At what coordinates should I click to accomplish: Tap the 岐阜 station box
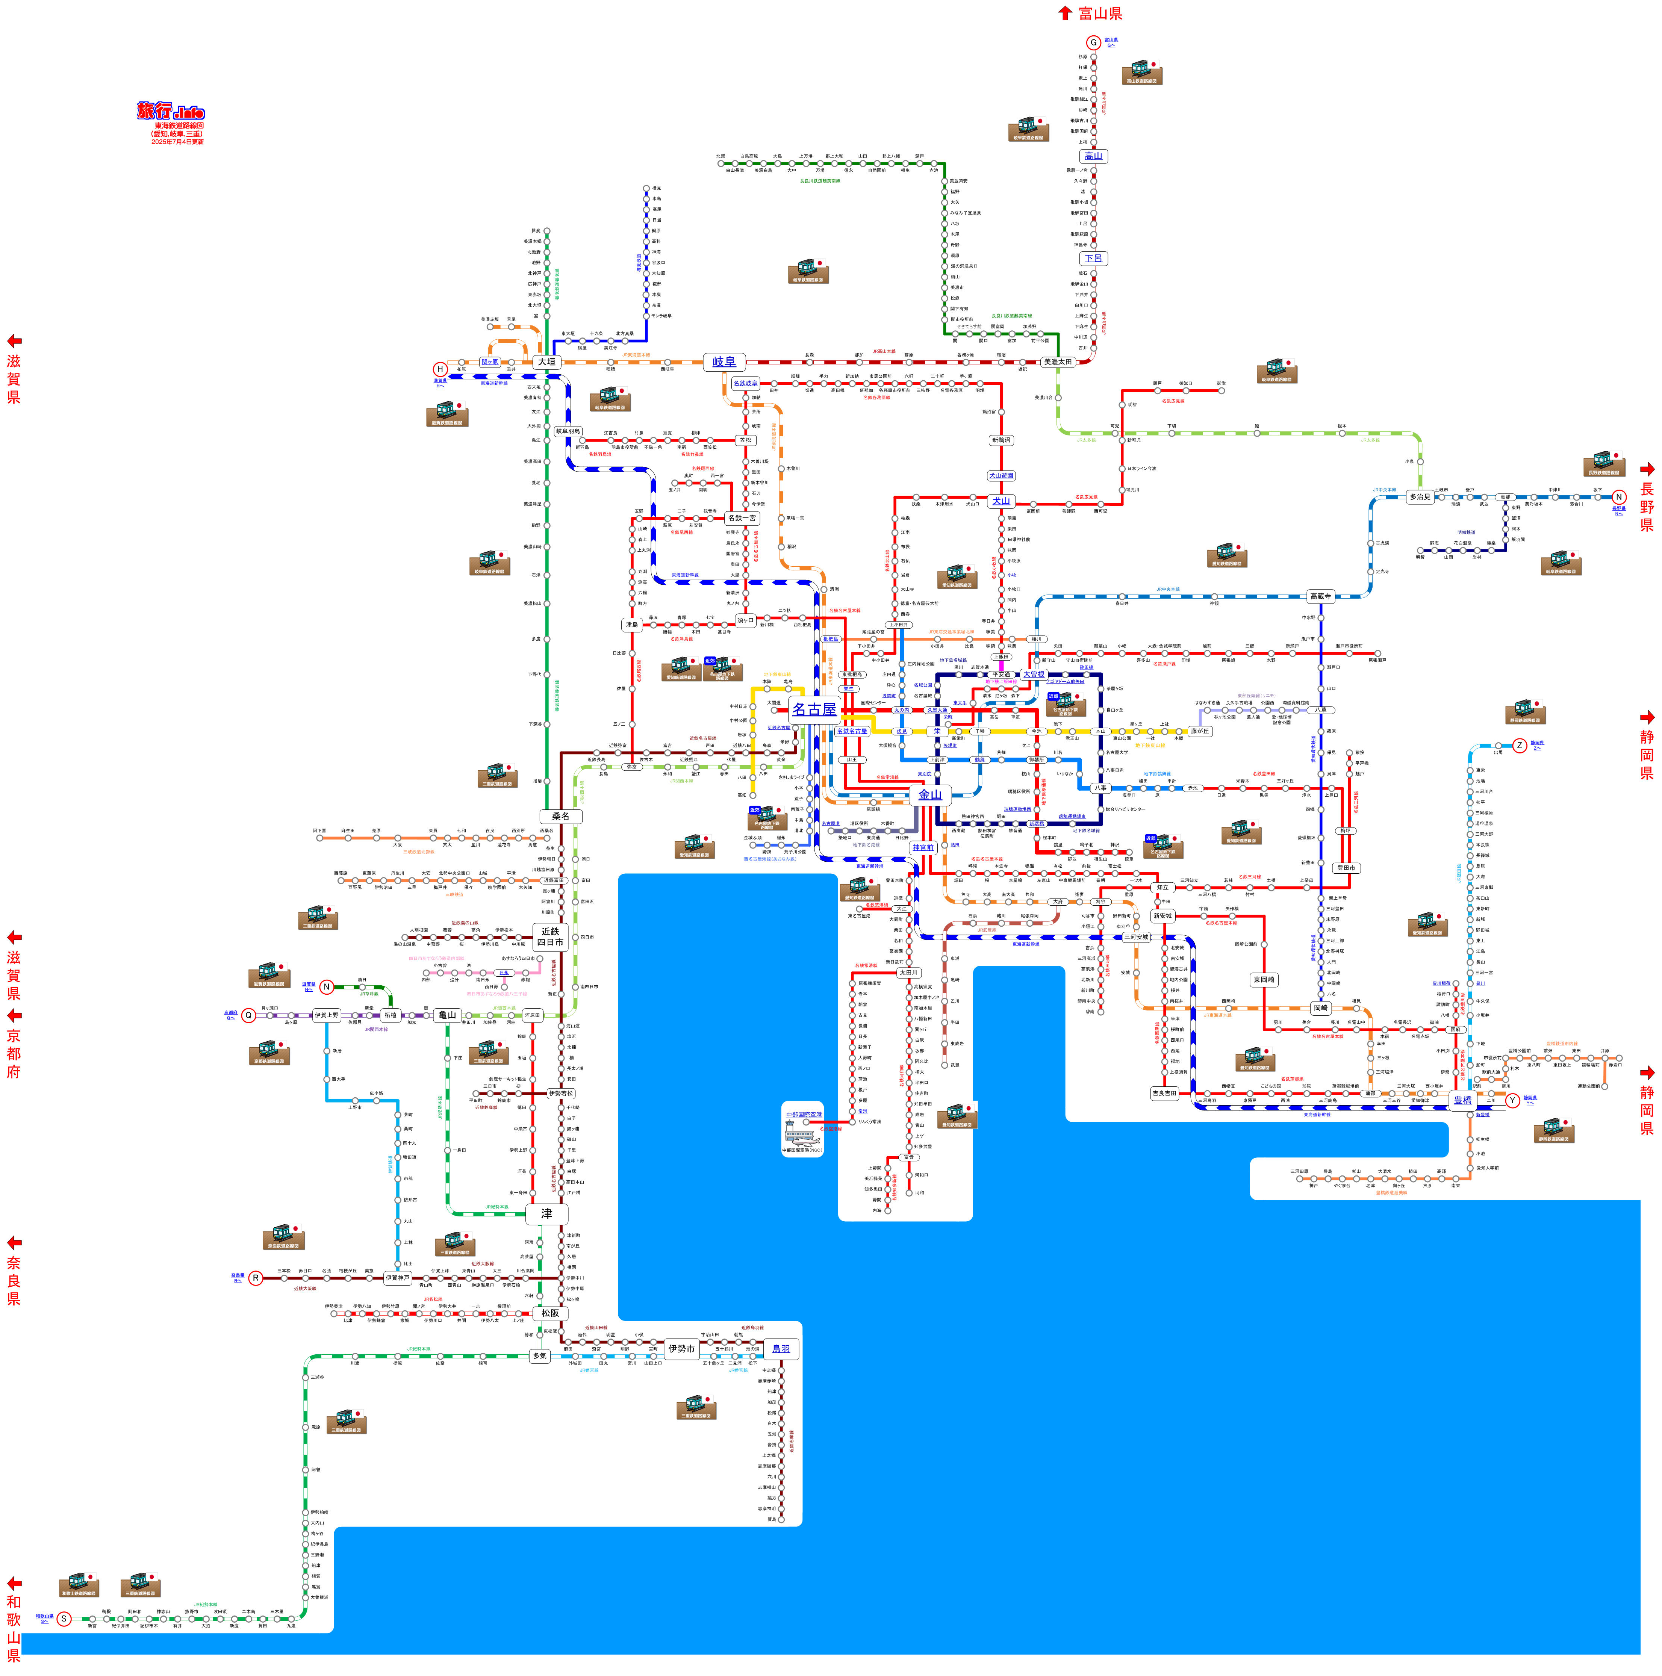[724, 362]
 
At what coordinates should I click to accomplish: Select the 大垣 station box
[546, 362]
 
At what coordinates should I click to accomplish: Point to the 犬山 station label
[1001, 501]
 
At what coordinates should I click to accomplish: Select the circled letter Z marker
[1519, 745]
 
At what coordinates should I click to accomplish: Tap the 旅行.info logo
[171, 112]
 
